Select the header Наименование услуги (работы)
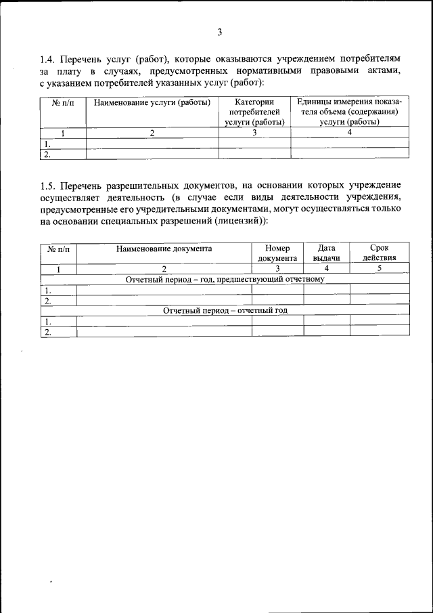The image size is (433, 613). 152,103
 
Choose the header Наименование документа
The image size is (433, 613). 164,249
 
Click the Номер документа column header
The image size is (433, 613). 277,253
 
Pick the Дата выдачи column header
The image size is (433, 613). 326,253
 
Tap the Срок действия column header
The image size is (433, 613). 379,253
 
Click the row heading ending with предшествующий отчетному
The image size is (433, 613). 225,279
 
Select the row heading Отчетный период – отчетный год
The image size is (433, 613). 225,310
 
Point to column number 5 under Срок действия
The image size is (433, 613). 379,269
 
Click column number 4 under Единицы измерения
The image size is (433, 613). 350,133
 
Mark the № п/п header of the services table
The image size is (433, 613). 63,103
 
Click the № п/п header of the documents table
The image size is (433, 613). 59,249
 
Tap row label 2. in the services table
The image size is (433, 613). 47,154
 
